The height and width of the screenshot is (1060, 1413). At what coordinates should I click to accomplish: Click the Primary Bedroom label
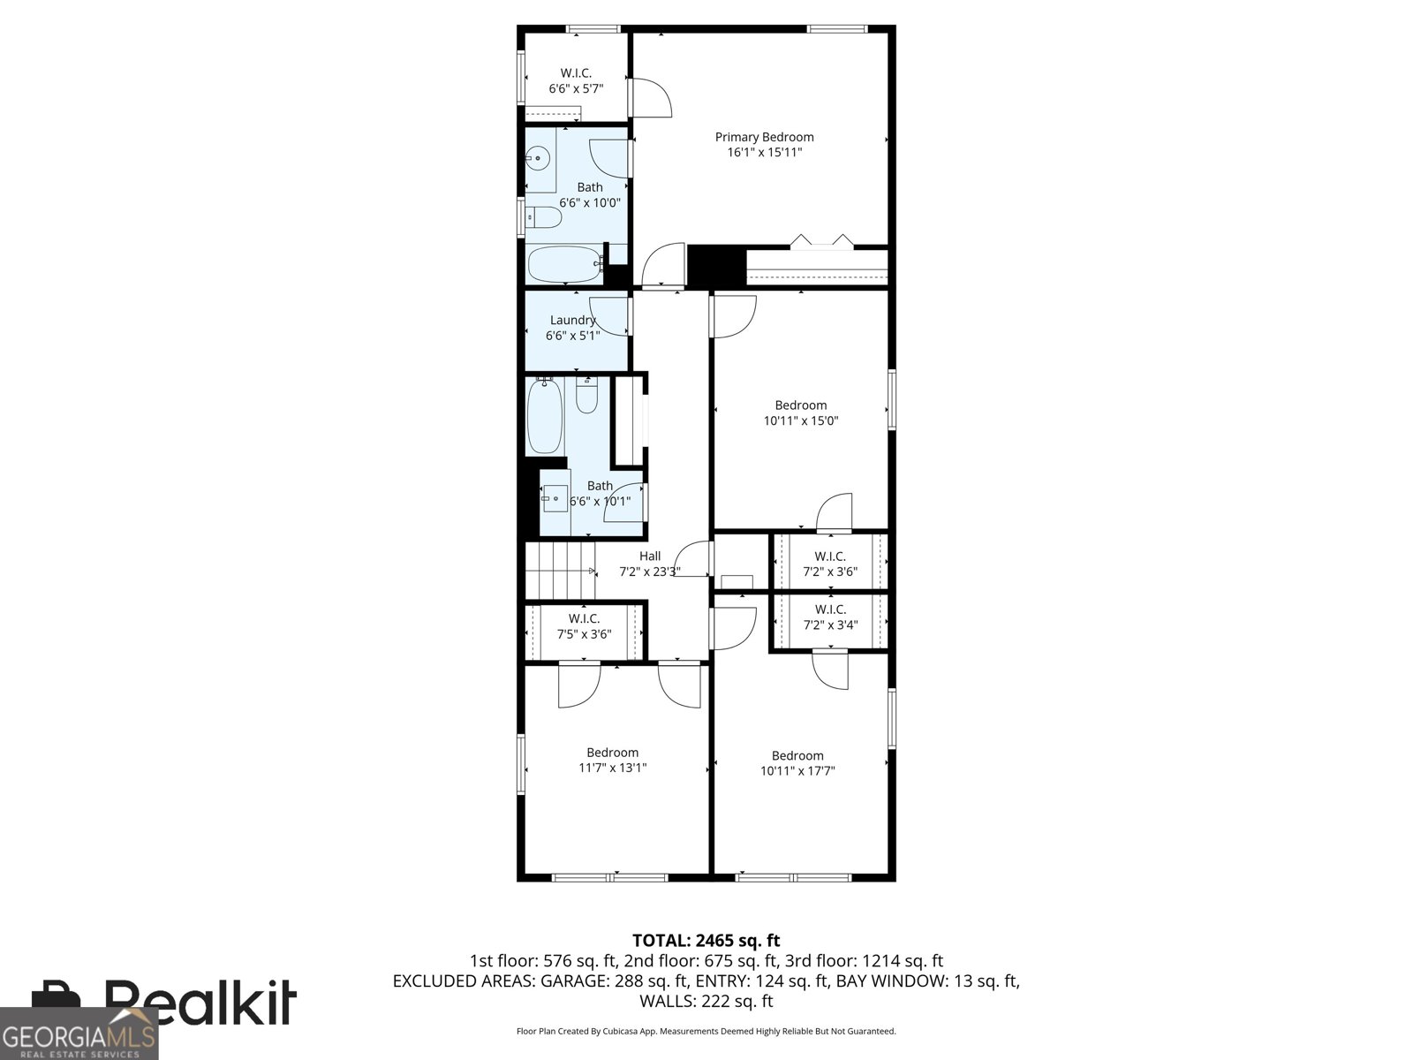pyautogui.click(x=764, y=137)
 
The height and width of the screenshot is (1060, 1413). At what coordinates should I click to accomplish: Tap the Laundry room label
pyautogui.click(x=572, y=320)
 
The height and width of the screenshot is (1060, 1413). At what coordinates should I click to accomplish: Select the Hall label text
pyautogui.click(x=649, y=556)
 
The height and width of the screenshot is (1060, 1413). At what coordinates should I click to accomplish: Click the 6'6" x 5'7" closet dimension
pyautogui.click(x=576, y=89)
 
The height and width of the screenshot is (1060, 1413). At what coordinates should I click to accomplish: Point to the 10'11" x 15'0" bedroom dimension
pyautogui.click(x=801, y=421)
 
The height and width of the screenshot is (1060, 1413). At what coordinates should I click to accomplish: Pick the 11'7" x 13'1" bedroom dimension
pyautogui.click(x=612, y=768)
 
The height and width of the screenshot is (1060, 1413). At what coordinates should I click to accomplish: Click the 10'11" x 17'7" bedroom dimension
pyautogui.click(x=797, y=771)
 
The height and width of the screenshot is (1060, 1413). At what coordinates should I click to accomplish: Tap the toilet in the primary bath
pyautogui.click(x=544, y=217)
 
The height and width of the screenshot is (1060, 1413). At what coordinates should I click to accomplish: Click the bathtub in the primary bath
pyautogui.click(x=565, y=264)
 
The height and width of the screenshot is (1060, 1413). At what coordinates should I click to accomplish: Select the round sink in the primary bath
pyautogui.click(x=536, y=157)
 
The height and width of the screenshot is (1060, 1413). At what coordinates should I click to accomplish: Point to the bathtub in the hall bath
pyautogui.click(x=545, y=415)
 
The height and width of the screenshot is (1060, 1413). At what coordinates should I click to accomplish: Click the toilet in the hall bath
pyautogui.click(x=586, y=395)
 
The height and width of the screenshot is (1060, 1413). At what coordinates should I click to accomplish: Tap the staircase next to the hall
pyautogui.click(x=560, y=571)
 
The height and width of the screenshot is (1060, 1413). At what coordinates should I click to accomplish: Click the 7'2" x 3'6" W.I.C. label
pyautogui.click(x=830, y=564)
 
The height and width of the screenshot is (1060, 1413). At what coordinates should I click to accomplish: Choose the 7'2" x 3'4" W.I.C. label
pyautogui.click(x=830, y=617)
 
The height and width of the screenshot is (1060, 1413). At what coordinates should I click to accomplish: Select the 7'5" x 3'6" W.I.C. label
pyautogui.click(x=584, y=626)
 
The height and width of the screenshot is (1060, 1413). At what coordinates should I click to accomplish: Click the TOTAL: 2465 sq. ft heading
pyautogui.click(x=706, y=941)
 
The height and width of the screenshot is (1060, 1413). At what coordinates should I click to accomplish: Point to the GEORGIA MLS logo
pyautogui.click(x=79, y=1033)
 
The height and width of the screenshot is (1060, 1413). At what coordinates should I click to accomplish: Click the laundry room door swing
pyautogui.click(x=609, y=316)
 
